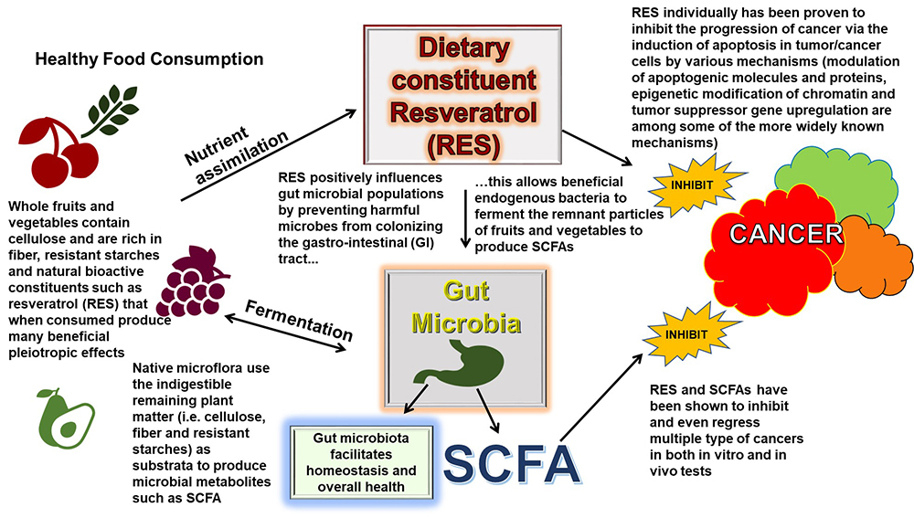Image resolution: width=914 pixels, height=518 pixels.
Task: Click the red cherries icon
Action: point(58,153)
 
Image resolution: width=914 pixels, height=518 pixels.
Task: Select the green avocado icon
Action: point(65,418)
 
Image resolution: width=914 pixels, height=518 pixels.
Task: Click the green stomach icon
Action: point(464,365)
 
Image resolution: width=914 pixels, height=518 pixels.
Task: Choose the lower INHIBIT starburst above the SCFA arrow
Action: point(686,334)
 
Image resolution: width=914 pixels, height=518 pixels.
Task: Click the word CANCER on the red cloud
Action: point(786,234)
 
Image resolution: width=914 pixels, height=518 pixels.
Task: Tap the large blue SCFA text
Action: point(511,464)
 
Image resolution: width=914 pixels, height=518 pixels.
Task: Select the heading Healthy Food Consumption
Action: point(149,58)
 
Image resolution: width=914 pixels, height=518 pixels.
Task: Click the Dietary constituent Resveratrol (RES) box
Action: point(462,94)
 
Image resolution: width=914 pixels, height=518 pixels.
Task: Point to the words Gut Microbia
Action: point(466,307)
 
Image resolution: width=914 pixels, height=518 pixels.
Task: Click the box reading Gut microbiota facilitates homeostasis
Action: point(361,462)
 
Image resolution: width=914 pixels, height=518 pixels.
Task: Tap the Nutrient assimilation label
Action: point(236,154)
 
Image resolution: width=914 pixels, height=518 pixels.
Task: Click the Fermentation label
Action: point(299,320)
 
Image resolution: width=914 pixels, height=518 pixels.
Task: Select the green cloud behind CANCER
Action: point(839,181)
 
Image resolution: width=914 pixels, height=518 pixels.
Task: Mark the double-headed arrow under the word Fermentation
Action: point(285,333)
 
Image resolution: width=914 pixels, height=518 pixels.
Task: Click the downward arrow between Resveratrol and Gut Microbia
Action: point(466,218)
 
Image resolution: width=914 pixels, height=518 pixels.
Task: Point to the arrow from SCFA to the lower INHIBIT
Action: point(600,397)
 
